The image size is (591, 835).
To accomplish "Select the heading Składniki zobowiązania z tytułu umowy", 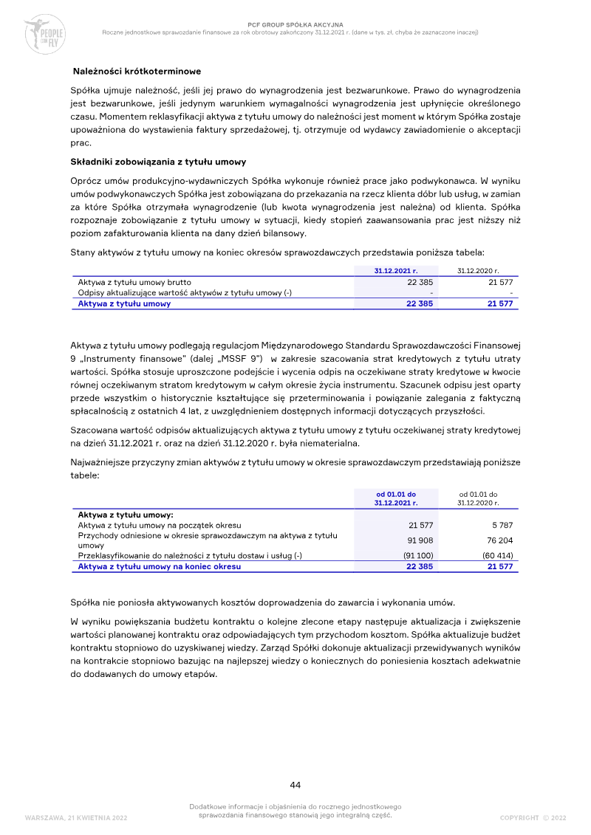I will pos(158,162).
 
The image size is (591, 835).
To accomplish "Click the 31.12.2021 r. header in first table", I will pos(396,271).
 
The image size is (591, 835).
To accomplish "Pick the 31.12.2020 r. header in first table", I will pos(477,271).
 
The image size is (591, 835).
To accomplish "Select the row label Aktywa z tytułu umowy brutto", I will pos(134,282).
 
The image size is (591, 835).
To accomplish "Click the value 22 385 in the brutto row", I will pos(420,282).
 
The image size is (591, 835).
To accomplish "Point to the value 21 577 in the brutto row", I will pos(500,282).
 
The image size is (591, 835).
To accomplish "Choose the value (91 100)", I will pos(418,555).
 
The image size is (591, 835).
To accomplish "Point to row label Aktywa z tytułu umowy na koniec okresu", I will pos(159,566).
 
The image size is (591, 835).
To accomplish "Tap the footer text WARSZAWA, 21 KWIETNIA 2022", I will pos(76,817).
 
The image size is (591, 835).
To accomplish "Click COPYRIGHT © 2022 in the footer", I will pos(533,817).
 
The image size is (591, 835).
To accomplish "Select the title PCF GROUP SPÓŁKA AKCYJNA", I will pos(295,24).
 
